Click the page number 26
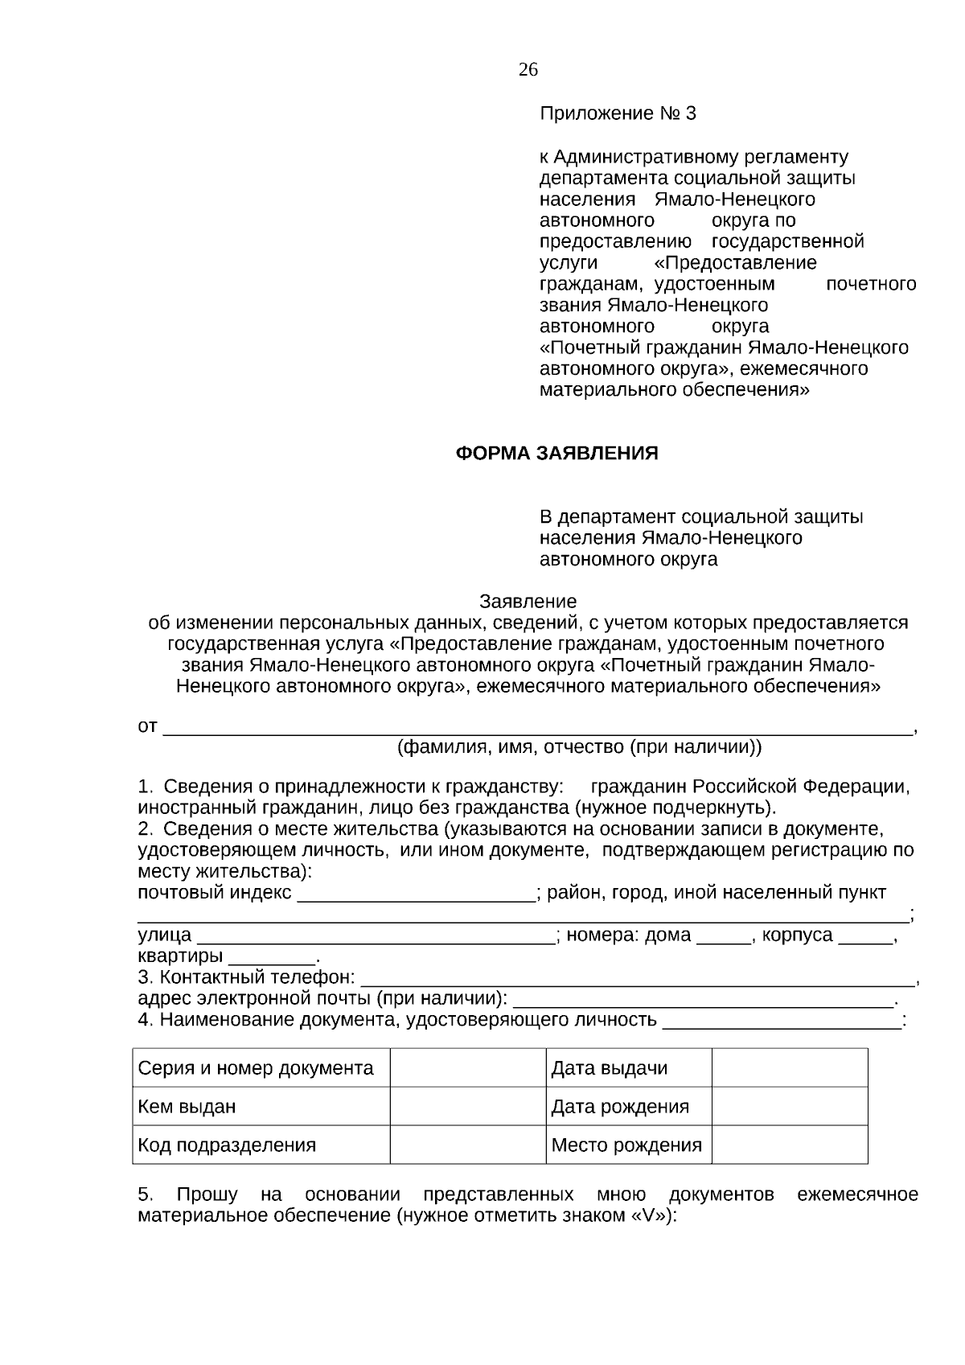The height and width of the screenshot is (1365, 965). click(528, 70)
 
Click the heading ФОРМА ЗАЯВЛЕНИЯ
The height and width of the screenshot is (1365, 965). click(556, 454)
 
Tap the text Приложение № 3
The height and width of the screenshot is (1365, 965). click(618, 113)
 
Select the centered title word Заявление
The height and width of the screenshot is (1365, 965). click(528, 602)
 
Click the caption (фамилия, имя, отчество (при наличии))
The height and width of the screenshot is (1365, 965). click(579, 747)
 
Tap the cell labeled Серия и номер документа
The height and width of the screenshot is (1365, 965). click(256, 1069)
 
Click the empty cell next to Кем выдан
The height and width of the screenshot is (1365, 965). click(467, 1107)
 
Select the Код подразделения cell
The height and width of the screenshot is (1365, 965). click(228, 1145)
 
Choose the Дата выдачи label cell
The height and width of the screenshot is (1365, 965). click(610, 1069)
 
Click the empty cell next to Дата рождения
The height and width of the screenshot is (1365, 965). click(789, 1107)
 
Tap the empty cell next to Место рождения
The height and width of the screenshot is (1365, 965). click(789, 1145)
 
